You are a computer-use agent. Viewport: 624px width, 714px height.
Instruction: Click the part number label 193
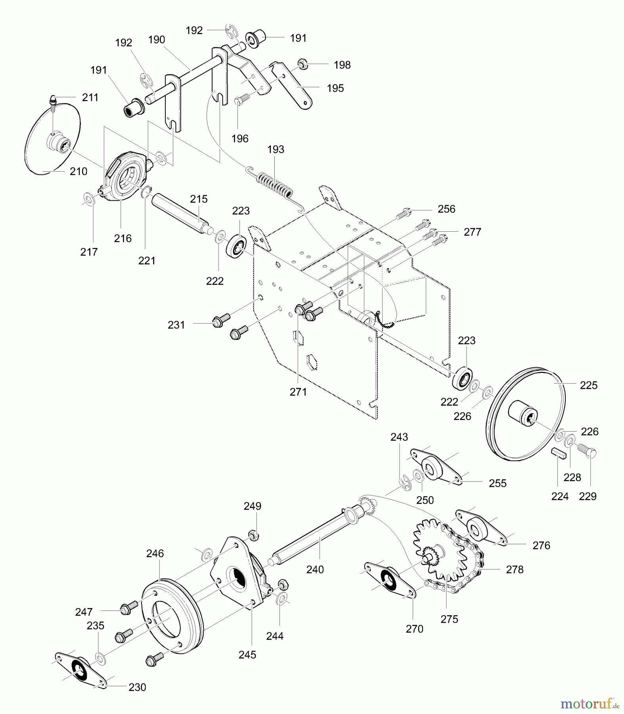276,150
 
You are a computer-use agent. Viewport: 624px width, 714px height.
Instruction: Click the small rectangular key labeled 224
558,453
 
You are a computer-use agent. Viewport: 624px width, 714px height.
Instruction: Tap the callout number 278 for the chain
515,570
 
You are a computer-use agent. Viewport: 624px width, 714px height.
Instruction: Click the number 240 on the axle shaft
315,570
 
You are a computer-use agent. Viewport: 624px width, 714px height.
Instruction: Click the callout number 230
137,687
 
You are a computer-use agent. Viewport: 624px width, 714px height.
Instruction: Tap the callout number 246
155,553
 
